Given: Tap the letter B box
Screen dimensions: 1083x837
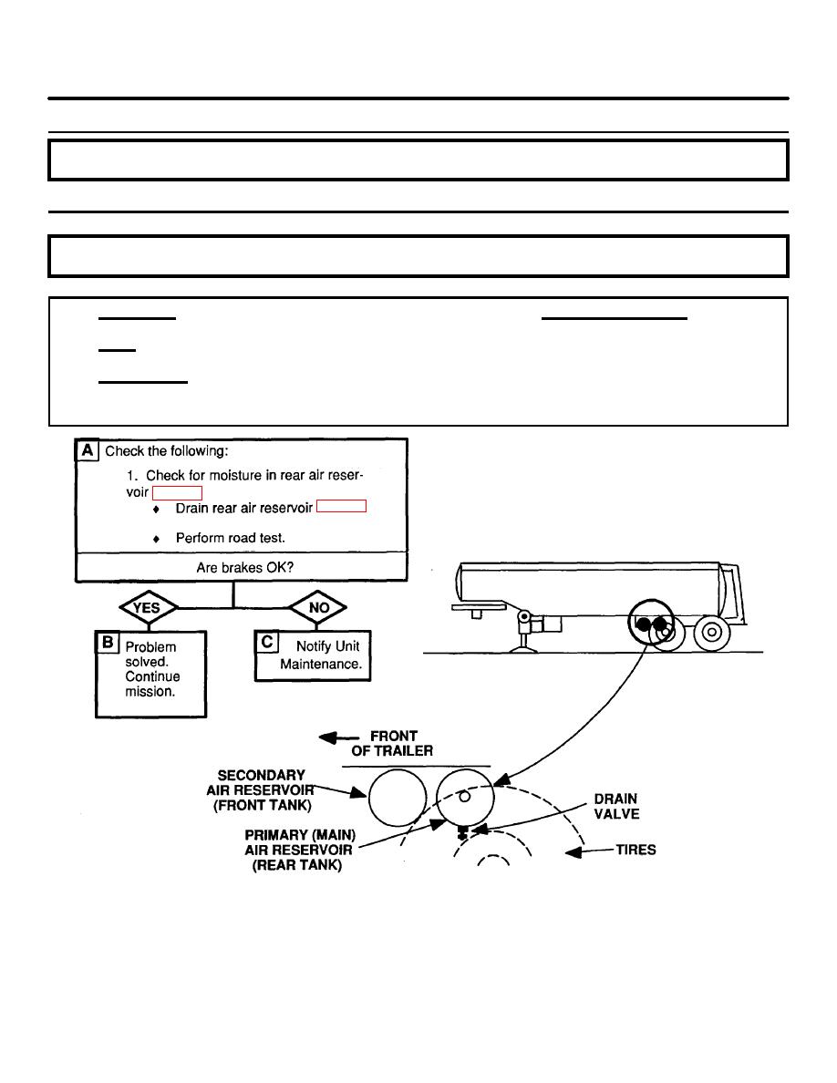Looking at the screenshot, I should click(x=108, y=642).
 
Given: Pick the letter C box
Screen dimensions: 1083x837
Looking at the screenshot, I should click(x=266, y=642).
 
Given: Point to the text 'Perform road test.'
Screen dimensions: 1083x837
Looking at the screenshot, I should click(x=230, y=538).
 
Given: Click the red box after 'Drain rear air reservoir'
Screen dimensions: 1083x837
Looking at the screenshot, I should click(x=341, y=506).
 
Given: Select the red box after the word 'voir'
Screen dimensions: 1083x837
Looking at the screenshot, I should click(x=177, y=493).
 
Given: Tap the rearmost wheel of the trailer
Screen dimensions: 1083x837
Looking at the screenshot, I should click(x=712, y=631).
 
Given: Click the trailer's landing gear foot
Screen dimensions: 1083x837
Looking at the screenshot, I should click(x=523, y=648).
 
